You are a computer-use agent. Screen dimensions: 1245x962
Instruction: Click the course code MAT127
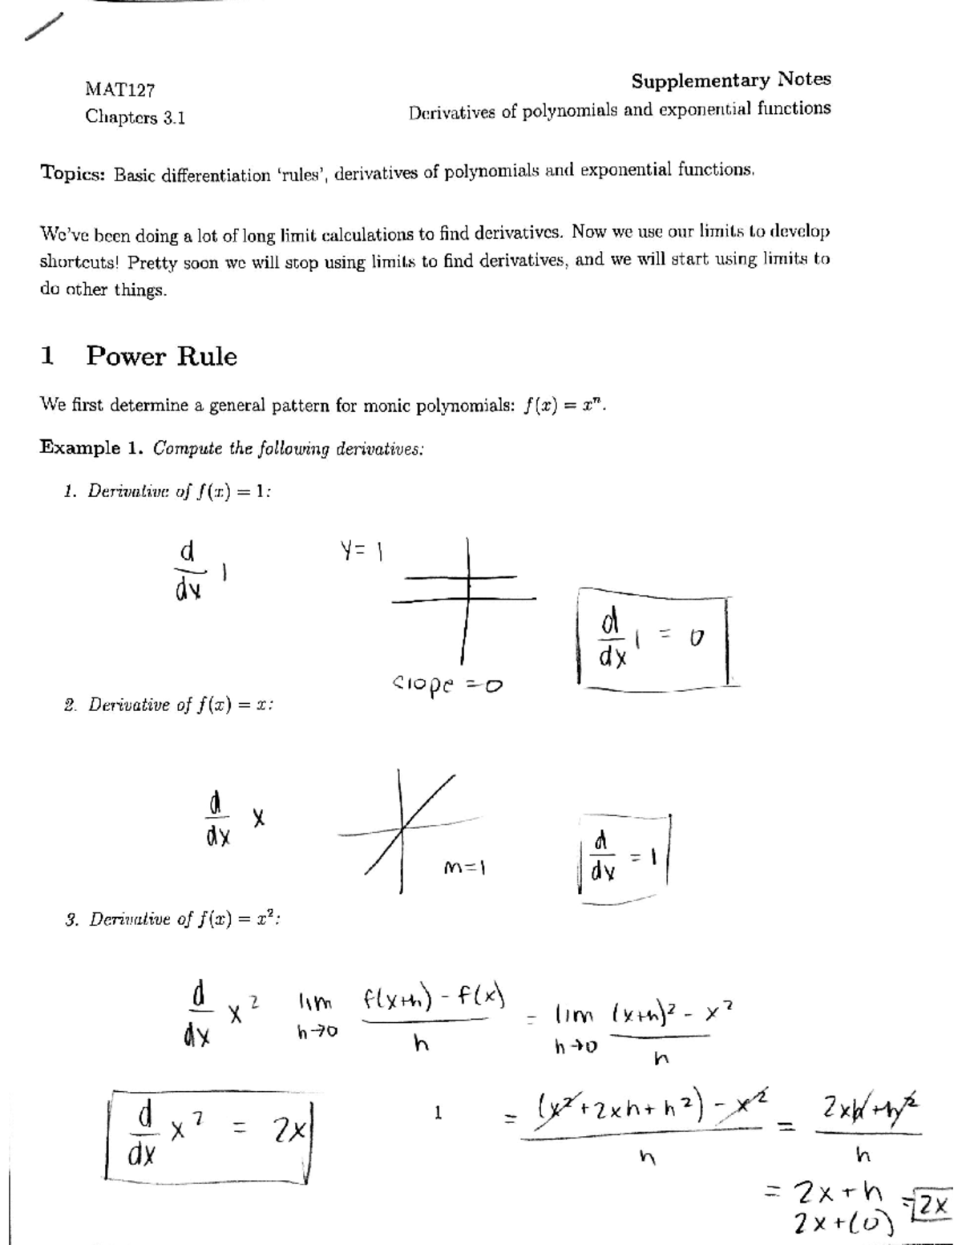(119, 89)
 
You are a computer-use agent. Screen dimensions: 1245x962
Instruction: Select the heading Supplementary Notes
(730, 80)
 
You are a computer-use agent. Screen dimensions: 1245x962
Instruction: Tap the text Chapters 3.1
(135, 118)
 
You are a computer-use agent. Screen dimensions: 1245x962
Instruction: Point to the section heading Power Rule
(161, 356)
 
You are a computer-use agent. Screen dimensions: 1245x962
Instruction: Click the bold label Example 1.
(91, 448)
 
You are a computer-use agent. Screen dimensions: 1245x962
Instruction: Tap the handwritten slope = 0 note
(447, 686)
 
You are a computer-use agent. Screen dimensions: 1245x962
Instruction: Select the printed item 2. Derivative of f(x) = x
(169, 705)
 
